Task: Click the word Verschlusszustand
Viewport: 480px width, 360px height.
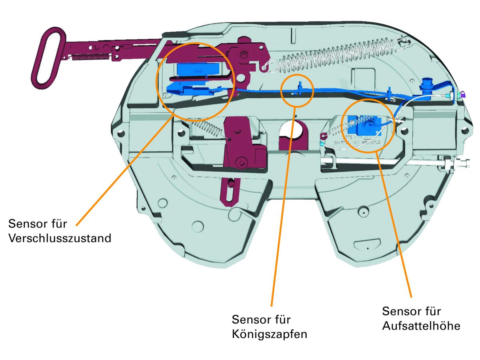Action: pos(59,238)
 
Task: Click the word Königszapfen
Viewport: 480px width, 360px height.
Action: pos(270,334)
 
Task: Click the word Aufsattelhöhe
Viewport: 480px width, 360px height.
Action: pos(421,326)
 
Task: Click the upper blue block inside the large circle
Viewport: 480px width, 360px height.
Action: pos(196,68)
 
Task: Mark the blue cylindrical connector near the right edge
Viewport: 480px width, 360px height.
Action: pos(426,88)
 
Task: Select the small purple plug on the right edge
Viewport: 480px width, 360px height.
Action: pos(462,94)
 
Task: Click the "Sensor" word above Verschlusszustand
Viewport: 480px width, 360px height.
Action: pos(27,223)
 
